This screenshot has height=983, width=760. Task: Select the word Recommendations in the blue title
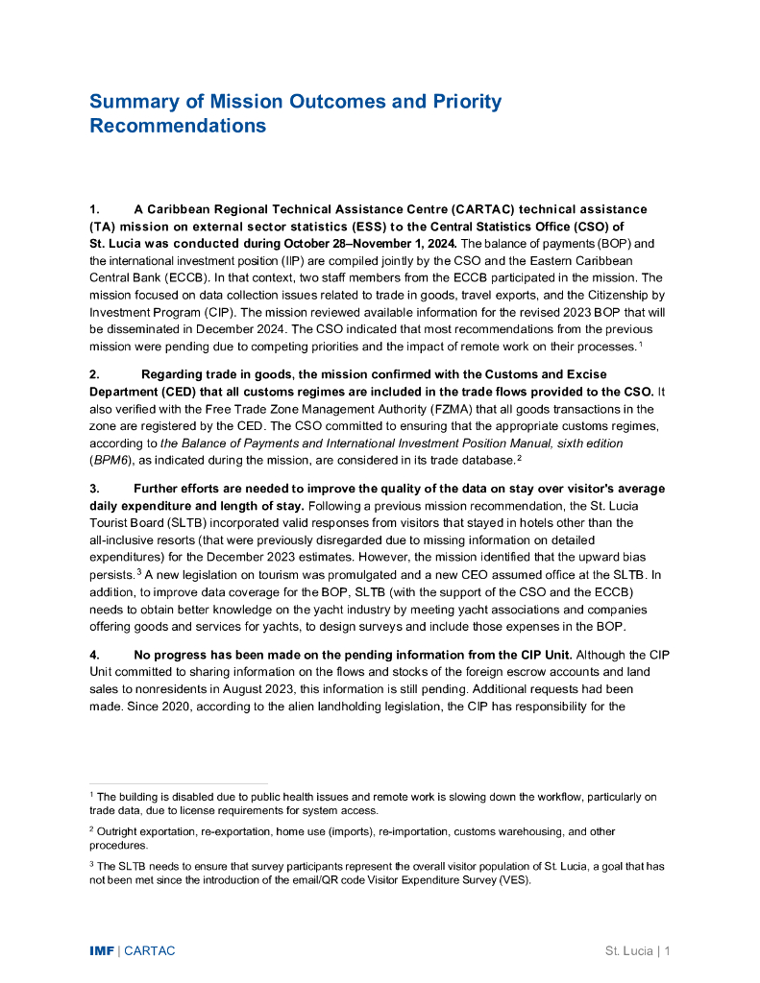click(178, 126)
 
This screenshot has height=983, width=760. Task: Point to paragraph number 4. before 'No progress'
click(95, 655)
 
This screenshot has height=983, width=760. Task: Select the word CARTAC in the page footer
click(150, 951)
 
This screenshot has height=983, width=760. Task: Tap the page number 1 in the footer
click(666, 951)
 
